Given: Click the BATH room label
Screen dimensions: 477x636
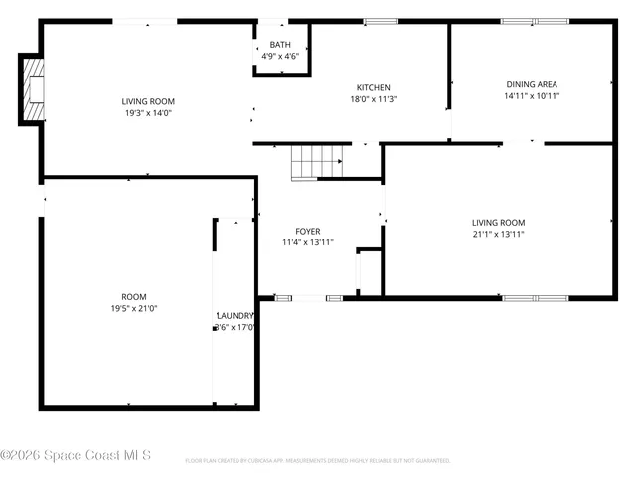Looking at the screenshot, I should [x=280, y=45].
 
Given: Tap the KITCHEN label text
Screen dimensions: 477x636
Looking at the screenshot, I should [x=374, y=87].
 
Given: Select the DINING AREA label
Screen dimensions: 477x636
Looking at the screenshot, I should [x=533, y=84].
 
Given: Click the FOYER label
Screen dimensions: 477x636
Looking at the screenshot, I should [x=307, y=231].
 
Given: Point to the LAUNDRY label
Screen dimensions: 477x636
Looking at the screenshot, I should [x=237, y=315].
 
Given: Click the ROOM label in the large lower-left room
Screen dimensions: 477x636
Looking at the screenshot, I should [x=134, y=296].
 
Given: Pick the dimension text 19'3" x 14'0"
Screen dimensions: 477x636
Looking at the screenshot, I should [x=148, y=113].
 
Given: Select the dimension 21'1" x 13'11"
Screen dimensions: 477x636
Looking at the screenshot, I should [x=498, y=234].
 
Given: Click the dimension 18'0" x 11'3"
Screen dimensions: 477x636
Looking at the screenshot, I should [x=374, y=99].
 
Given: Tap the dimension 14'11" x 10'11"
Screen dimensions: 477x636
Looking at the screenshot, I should [x=533, y=96].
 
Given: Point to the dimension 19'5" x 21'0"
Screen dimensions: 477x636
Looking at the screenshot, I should [x=134, y=308].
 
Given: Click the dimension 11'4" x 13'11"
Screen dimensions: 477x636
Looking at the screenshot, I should [x=307, y=242].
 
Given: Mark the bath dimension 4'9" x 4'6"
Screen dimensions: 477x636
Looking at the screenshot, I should [x=280, y=57].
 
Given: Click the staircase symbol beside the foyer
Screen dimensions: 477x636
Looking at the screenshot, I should [x=317, y=162].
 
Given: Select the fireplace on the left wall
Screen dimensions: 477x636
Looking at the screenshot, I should [x=34, y=89].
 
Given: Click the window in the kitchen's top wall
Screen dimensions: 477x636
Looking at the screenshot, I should [x=380, y=21].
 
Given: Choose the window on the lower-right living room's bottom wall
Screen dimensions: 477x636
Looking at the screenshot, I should [x=535, y=297].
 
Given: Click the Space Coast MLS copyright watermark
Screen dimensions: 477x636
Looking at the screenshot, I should [x=76, y=455].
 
